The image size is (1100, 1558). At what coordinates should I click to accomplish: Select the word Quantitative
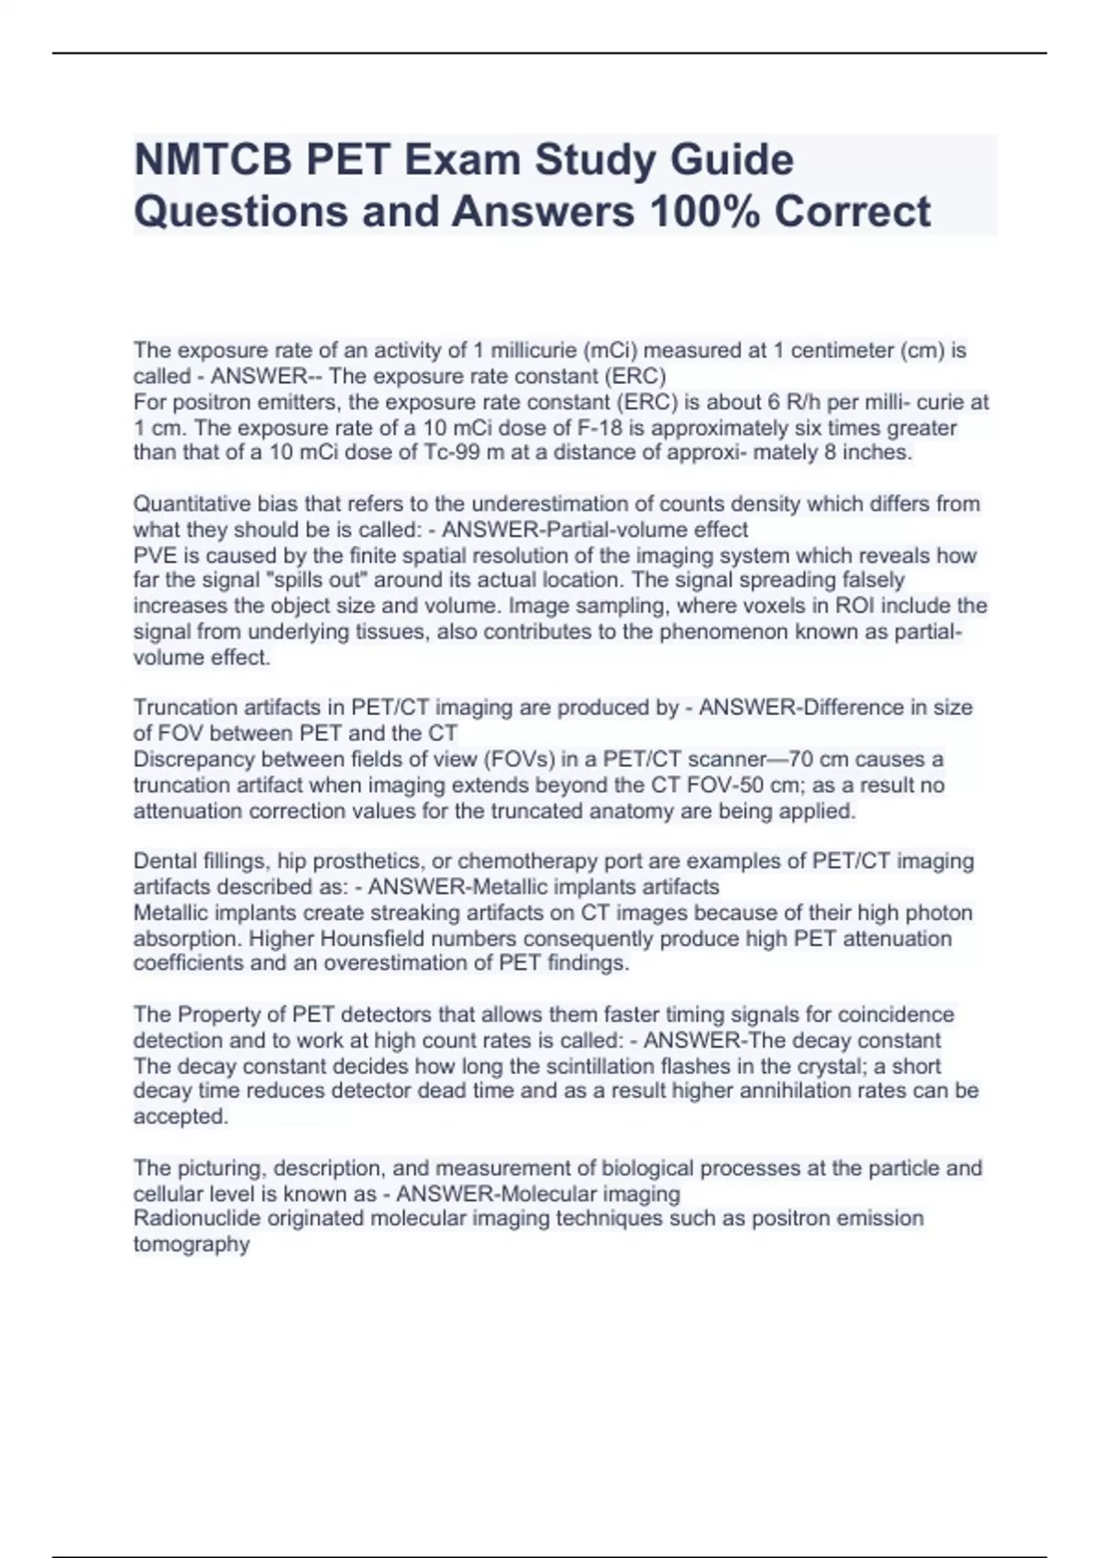coord(188,504)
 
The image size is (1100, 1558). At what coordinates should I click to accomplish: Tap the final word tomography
coord(192,1245)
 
